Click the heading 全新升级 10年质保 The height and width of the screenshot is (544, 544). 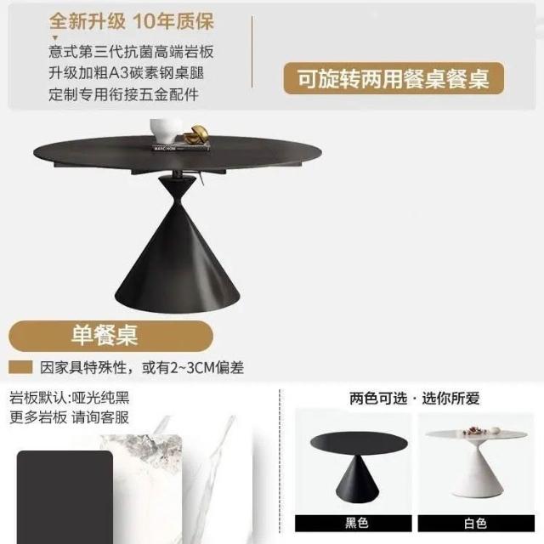131,21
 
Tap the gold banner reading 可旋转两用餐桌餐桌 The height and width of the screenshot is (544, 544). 394,78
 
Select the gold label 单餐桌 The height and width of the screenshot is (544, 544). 110,336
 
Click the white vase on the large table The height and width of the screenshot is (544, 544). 167,130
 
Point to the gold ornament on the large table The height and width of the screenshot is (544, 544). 196,134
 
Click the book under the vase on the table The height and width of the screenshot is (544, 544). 182,147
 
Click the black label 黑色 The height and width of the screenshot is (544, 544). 354,523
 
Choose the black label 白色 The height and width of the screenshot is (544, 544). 476,524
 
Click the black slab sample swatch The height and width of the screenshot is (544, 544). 65,496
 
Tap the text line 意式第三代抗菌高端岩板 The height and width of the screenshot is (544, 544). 131,52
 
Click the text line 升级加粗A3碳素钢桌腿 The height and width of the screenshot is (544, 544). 127,73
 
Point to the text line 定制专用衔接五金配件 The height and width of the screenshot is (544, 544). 124,94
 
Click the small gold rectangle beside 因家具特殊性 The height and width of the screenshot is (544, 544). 20,367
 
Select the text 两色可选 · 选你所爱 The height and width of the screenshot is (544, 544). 414,399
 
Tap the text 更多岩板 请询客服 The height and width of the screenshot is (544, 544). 70,417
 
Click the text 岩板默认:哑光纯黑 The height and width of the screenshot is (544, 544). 70,397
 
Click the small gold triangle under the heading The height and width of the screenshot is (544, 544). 55,37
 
